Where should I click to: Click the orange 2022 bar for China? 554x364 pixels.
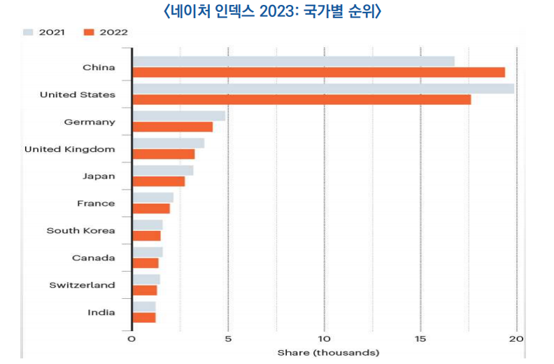(318, 72)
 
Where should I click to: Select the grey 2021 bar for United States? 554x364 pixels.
(322, 88)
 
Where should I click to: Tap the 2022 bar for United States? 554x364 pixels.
(301, 99)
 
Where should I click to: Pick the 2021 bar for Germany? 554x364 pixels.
(178, 115)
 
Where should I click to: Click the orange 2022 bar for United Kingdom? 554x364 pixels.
(163, 154)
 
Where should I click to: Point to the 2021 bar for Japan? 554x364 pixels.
(162, 170)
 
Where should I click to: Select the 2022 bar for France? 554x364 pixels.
(150, 209)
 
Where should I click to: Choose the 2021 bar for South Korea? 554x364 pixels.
(147, 225)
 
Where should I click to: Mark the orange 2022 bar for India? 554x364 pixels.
(143, 318)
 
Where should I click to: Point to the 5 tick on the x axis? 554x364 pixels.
(228, 339)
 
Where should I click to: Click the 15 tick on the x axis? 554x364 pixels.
(420, 339)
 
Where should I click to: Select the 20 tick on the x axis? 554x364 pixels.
(516, 339)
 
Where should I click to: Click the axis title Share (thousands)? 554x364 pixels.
(327, 352)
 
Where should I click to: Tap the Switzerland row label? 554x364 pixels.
(82, 285)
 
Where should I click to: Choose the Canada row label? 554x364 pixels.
(93, 258)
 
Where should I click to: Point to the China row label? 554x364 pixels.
(99, 67)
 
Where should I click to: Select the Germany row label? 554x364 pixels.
(90, 122)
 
